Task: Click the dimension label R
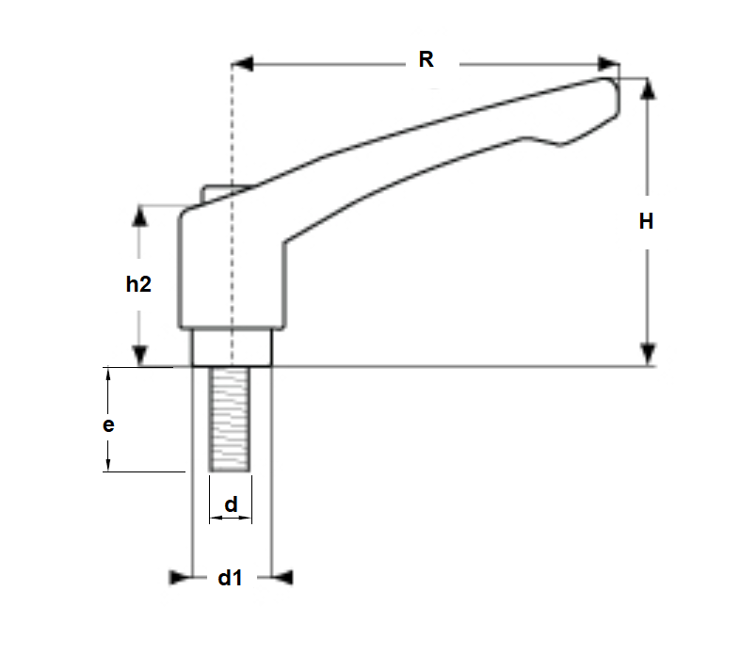pyautogui.click(x=426, y=59)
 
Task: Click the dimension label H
pyautogui.click(x=646, y=222)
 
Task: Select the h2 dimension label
pyautogui.click(x=138, y=284)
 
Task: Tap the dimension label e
pyautogui.click(x=109, y=424)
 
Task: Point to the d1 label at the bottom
pyautogui.click(x=231, y=578)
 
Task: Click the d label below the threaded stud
pyautogui.click(x=230, y=505)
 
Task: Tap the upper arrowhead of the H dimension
pyautogui.click(x=647, y=88)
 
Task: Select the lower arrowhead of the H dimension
pyautogui.click(x=647, y=354)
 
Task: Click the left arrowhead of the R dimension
pyautogui.click(x=243, y=64)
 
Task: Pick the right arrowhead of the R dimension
pyautogui.click(x=610, y=64)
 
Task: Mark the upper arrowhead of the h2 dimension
pyautogui.click(x=139, y=216)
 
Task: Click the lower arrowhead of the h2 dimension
pyautogui.click(x=139, y=355)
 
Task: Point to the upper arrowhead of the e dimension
pyautogui.click(x=109, y=375)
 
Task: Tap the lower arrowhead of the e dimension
pyautogui.click(x=109, y=462)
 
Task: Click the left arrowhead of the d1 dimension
pyautogui.click(x=180, y=577)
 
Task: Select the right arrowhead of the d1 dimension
pyautogui.click(x=282, y=577)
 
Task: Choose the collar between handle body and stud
pyautogui.click(x=232, y=347)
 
